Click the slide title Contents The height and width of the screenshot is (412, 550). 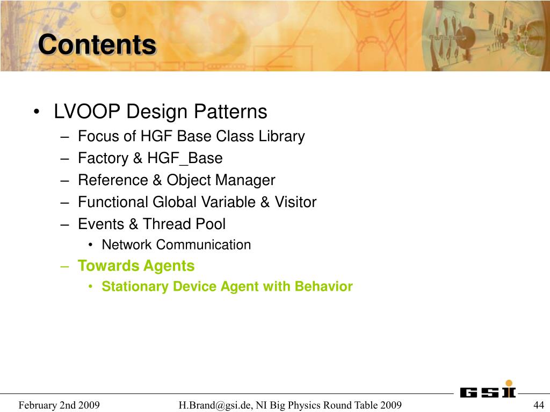point(97,45)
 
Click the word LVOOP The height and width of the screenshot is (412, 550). point(86,112)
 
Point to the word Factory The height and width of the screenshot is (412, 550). point(103,158)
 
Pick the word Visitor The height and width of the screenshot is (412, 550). point(295,202)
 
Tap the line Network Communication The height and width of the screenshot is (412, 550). point(176,245)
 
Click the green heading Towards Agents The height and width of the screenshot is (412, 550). point(136,266)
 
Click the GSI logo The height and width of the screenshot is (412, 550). point(488,389)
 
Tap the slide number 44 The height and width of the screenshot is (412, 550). point(538,405)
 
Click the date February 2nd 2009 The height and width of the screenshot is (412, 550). point(59,405)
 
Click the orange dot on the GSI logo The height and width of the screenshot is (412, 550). point(509,383)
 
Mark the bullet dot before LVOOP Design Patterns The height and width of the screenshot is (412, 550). point(36,112)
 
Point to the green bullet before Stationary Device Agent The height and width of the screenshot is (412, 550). point(90,286)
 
